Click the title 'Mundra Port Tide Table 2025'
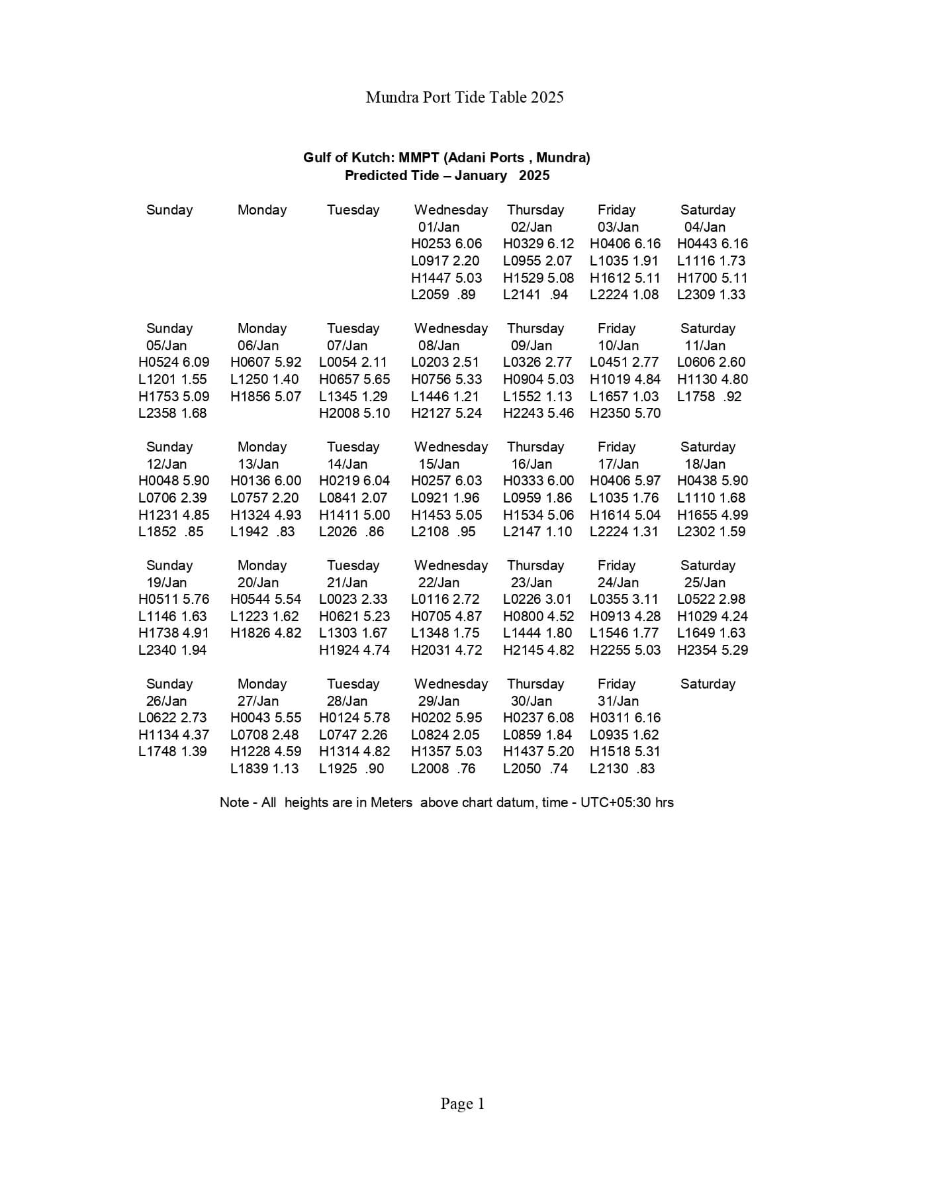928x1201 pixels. pos(464,97)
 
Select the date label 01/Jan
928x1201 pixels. pos(438,226)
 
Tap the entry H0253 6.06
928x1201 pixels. pos(446,244)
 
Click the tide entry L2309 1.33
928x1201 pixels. pos(711,295)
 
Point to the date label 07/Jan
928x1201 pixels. pos(347,346)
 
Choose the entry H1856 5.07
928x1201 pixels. pos(265,397)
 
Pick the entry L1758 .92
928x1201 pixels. pos(709,397)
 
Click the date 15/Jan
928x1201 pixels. pos(438,464)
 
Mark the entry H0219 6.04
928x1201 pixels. pos(354,481)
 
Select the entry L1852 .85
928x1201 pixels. pos(171,532)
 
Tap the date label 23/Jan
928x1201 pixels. pos(531,583)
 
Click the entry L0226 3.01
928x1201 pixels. pos(537,599)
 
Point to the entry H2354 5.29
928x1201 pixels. pos(712,650)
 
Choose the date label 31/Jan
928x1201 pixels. pos(618,701)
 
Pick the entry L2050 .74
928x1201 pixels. pos(535,769)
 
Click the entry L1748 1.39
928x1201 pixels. pos(172,751)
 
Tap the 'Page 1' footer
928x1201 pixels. pos(463,1104)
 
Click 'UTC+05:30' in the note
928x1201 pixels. pos(616,802)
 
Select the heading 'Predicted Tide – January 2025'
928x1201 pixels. pos(447,175)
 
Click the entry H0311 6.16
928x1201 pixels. pos(625,718)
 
